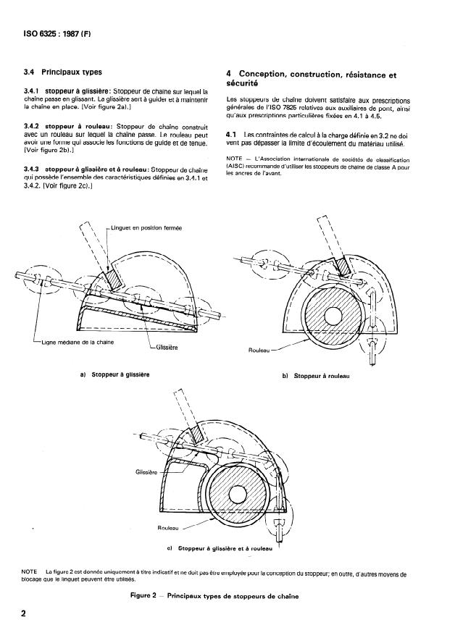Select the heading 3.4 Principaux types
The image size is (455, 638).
[63, 72]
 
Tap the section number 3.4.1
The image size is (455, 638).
[34, 91]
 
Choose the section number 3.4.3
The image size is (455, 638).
[34, 169]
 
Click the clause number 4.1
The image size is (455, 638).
[232, 135]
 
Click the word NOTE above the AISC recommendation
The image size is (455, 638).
[235, 159]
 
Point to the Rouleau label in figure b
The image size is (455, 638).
[259, 350]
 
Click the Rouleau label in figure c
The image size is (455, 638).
[169, 529]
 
